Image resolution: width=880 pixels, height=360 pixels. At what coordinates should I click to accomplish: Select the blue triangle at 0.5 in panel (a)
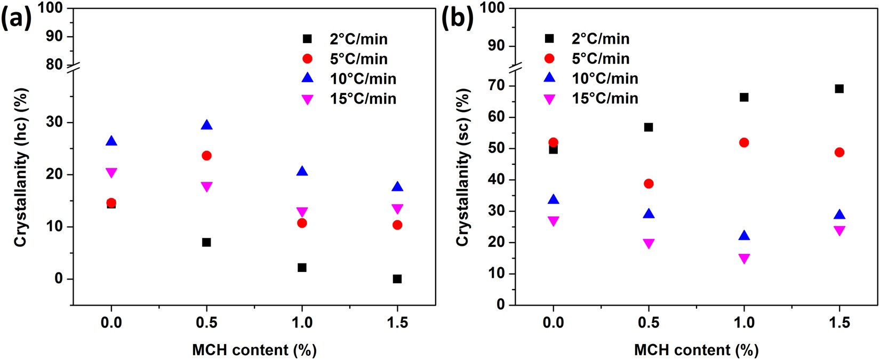point(206,125)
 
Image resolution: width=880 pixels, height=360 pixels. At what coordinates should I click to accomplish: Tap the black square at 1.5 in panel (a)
point(397,279)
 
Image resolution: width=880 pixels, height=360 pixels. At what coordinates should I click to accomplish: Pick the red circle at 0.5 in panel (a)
point(206,156)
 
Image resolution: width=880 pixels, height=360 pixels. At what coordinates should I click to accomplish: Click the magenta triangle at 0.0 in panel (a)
point(111,173)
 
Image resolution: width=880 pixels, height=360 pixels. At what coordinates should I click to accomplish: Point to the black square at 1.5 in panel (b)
point(839,89)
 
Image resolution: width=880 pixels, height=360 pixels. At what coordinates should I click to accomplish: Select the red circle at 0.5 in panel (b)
point(649,183)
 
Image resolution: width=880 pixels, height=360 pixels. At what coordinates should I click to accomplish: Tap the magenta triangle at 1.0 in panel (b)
point(744,259)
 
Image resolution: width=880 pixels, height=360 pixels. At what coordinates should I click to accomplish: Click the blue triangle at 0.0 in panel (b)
point(553,199)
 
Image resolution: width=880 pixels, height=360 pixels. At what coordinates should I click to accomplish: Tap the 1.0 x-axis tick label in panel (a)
point(302,323)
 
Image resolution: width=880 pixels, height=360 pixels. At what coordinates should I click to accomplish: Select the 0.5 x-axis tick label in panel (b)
point(649,323)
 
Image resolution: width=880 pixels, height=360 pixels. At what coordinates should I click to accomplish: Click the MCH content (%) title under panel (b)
point(696,350)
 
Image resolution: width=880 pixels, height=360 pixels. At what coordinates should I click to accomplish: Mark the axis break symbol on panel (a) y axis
point(73,67)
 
